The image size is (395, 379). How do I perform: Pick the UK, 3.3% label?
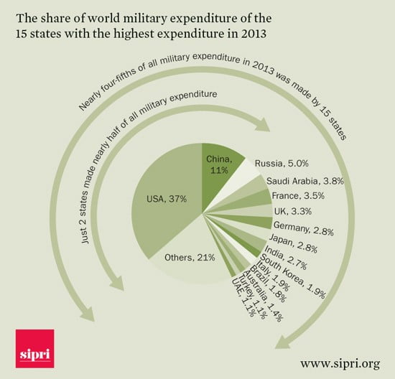(x=293, y=211)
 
